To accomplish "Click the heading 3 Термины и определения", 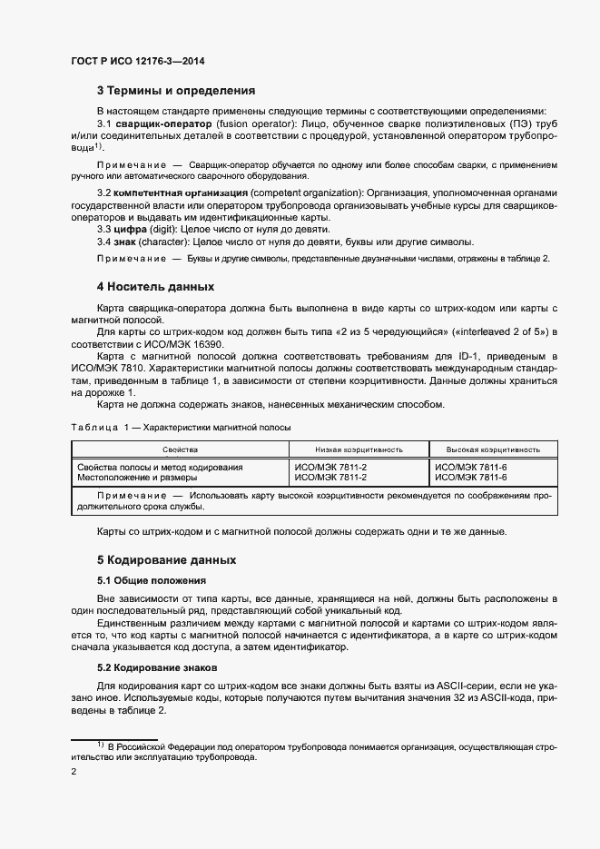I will [x=175, y=91].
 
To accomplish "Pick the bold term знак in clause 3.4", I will [x=125, y=242].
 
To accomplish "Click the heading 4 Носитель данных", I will [x=155, y=288].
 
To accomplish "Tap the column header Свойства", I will [x=180, y=449].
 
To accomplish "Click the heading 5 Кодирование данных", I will [x=166, y=559].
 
